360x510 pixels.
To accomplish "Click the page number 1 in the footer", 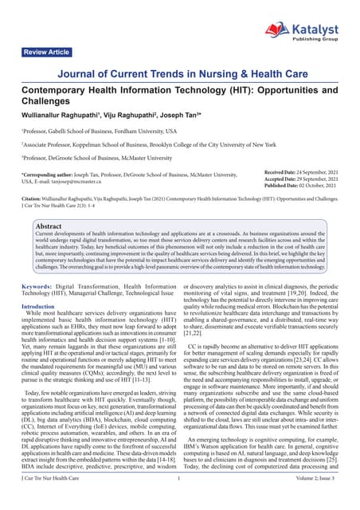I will (x=180, y=500).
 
